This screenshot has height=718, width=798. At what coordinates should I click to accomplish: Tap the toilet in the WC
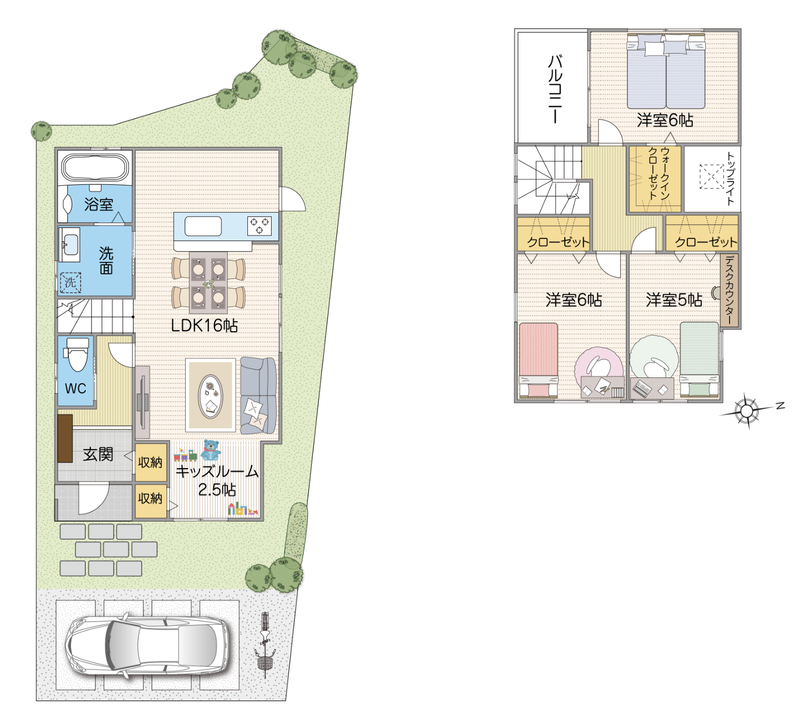[77, 354]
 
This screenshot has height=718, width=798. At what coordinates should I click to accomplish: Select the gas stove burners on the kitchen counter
[260, 226]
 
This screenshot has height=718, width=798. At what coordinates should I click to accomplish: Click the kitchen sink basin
[203, 226]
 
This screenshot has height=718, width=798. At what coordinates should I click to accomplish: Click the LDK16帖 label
[204, 325]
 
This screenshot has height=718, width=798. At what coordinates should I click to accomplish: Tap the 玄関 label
[98, 454]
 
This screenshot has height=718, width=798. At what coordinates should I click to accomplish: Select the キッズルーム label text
[217, 472]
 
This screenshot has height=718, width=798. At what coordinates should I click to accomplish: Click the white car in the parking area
[147, 645]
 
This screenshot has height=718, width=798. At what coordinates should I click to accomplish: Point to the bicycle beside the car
[265, 645]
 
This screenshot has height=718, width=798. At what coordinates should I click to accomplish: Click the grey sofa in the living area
[258, 395]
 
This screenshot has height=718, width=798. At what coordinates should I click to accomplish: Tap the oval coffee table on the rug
[211, 396]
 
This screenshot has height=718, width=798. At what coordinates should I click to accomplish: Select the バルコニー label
[554, 89]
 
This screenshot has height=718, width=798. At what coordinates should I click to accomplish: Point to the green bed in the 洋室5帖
[700, 360]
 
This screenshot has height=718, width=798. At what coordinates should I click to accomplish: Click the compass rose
[747, 411]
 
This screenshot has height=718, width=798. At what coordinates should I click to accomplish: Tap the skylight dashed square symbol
[711, 177]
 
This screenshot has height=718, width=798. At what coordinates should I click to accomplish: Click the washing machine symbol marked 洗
[71, 283]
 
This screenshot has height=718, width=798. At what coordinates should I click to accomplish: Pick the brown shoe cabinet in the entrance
[65, 438]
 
